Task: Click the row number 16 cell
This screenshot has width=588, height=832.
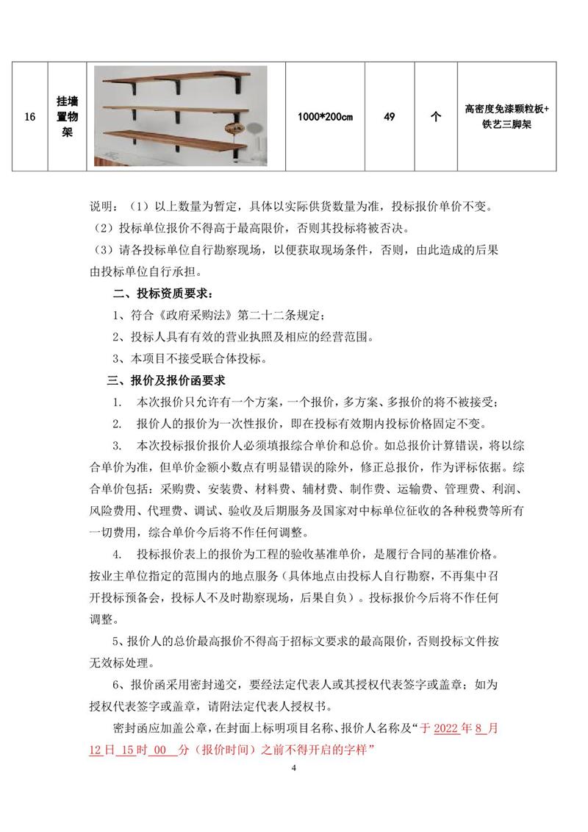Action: click(x=30, y=117)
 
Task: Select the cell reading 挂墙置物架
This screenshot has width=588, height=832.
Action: click(x=67, y=117)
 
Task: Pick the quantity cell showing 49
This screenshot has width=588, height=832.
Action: click(x=390, y=117)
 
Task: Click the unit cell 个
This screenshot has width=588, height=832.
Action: click(x=435, y=117)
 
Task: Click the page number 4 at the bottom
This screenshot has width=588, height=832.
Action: click(x=293, y=769)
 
